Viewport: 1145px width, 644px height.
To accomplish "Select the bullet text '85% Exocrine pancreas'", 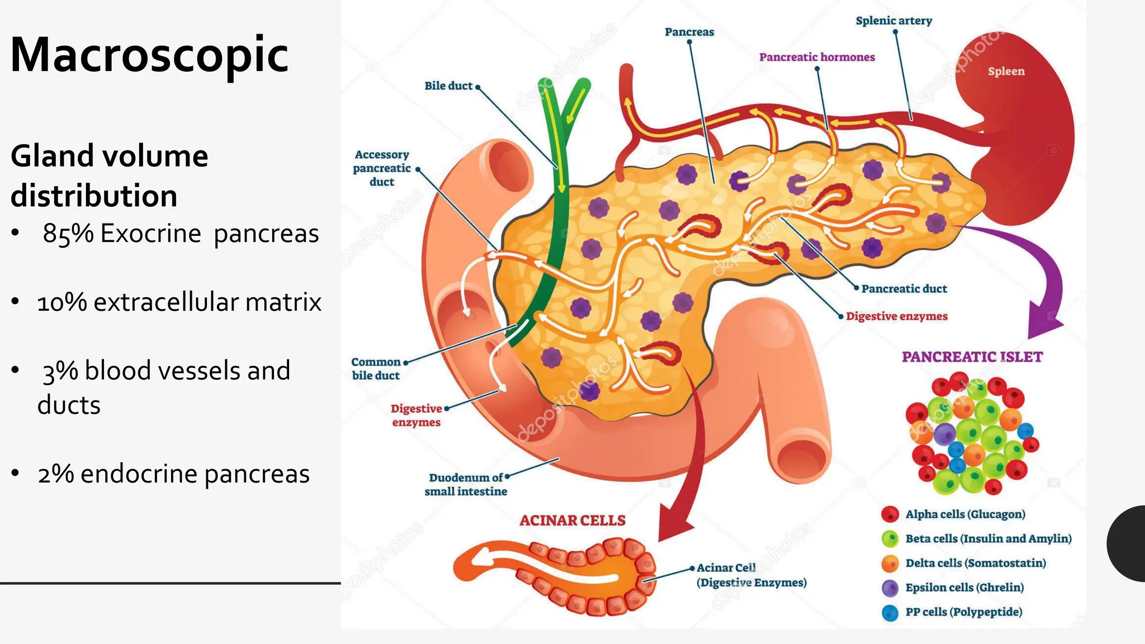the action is pos(181,234).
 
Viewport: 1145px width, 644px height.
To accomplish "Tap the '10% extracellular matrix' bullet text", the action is pos(179,302).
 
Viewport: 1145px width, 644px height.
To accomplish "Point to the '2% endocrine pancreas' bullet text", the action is pos(173,474).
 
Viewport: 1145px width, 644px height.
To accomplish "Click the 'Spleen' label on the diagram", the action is pos(1006,72).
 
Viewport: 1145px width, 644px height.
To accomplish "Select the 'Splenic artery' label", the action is pos(893,21).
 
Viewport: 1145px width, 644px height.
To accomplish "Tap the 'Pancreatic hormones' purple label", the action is pos(817,57).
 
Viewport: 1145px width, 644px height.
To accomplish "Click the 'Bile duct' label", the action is pos(448,86).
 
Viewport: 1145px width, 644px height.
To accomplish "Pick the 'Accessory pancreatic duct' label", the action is pos(382,168).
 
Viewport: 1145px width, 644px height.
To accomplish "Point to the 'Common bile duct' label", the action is pos(376,368).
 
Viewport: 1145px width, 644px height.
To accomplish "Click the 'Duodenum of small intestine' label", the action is pos(466,484).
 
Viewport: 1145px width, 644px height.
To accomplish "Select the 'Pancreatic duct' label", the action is pos(904,288).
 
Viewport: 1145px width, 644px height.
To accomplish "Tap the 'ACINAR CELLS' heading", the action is pos(572,520).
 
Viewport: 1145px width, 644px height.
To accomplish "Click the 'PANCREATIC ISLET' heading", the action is pos(972,357).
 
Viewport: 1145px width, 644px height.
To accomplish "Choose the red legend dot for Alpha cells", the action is pos(890,514).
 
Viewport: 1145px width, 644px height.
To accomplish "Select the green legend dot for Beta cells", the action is pos(890,539).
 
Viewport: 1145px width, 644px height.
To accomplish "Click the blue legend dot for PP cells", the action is pos(890,613).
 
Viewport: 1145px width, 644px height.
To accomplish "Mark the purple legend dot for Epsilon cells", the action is pos(890,588).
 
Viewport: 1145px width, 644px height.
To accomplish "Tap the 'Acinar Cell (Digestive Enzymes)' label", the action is pos(751,575).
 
